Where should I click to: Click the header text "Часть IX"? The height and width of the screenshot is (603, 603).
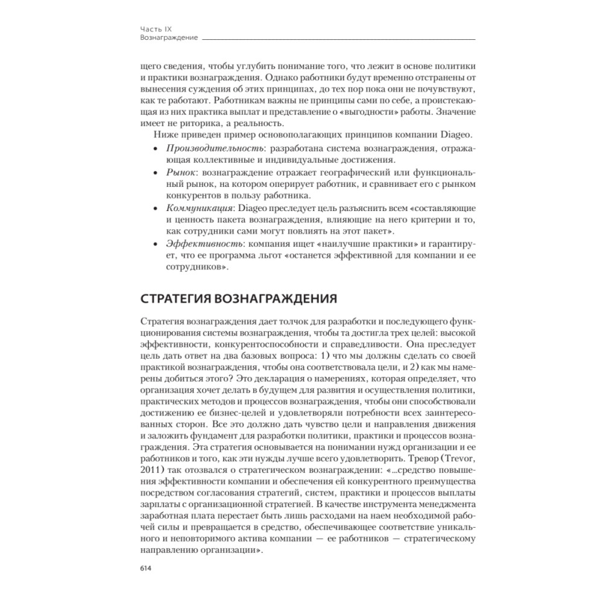(x=154, y=28)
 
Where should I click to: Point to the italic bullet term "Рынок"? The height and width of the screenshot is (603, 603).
(x=180, y=172)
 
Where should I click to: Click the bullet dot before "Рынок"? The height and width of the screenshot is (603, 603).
(x=157, y=172)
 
